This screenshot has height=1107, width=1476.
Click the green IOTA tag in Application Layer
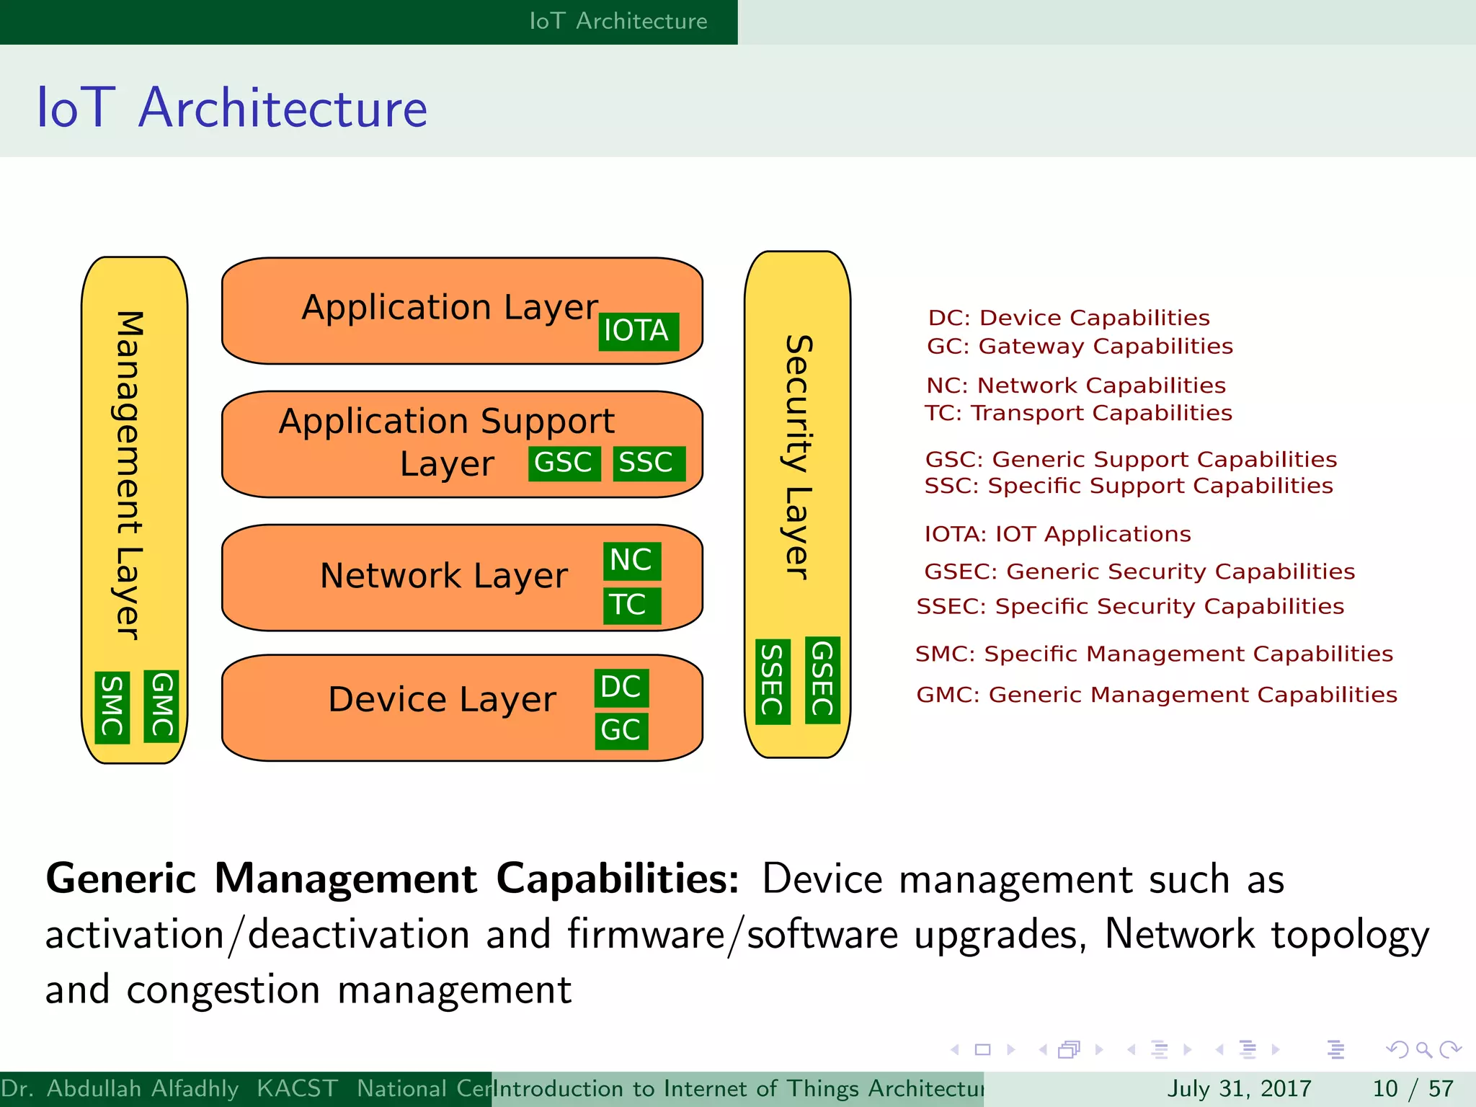(638, 332)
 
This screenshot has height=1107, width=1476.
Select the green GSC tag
(564, 463)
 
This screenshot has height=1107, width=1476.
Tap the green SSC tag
(648, 463)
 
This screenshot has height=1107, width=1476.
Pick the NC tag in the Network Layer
(632, 561)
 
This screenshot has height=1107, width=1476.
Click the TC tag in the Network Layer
(631, 605)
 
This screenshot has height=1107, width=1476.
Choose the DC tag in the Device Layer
(621, 688)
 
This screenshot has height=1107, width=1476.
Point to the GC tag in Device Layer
(621, 731)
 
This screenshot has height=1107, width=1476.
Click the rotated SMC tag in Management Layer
(112, 708)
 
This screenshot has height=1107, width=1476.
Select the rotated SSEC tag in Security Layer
(773, 682)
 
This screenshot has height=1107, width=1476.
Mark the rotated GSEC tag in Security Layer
(822, 680)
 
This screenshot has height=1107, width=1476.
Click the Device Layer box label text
(442, 700)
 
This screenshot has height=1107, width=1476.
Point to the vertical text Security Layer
(798, 457)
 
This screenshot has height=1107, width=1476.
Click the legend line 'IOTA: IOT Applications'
(1057, 534)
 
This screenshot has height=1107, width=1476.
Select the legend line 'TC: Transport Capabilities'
(1078, 413)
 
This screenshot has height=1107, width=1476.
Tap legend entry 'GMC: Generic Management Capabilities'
(1156, 695)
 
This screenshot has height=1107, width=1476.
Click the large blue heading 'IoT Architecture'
(232, 108)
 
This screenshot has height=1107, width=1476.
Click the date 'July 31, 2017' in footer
(1239, 1088)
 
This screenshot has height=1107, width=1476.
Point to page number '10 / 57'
(1413, 1088)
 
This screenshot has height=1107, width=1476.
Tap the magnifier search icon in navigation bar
(1423, 1049)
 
